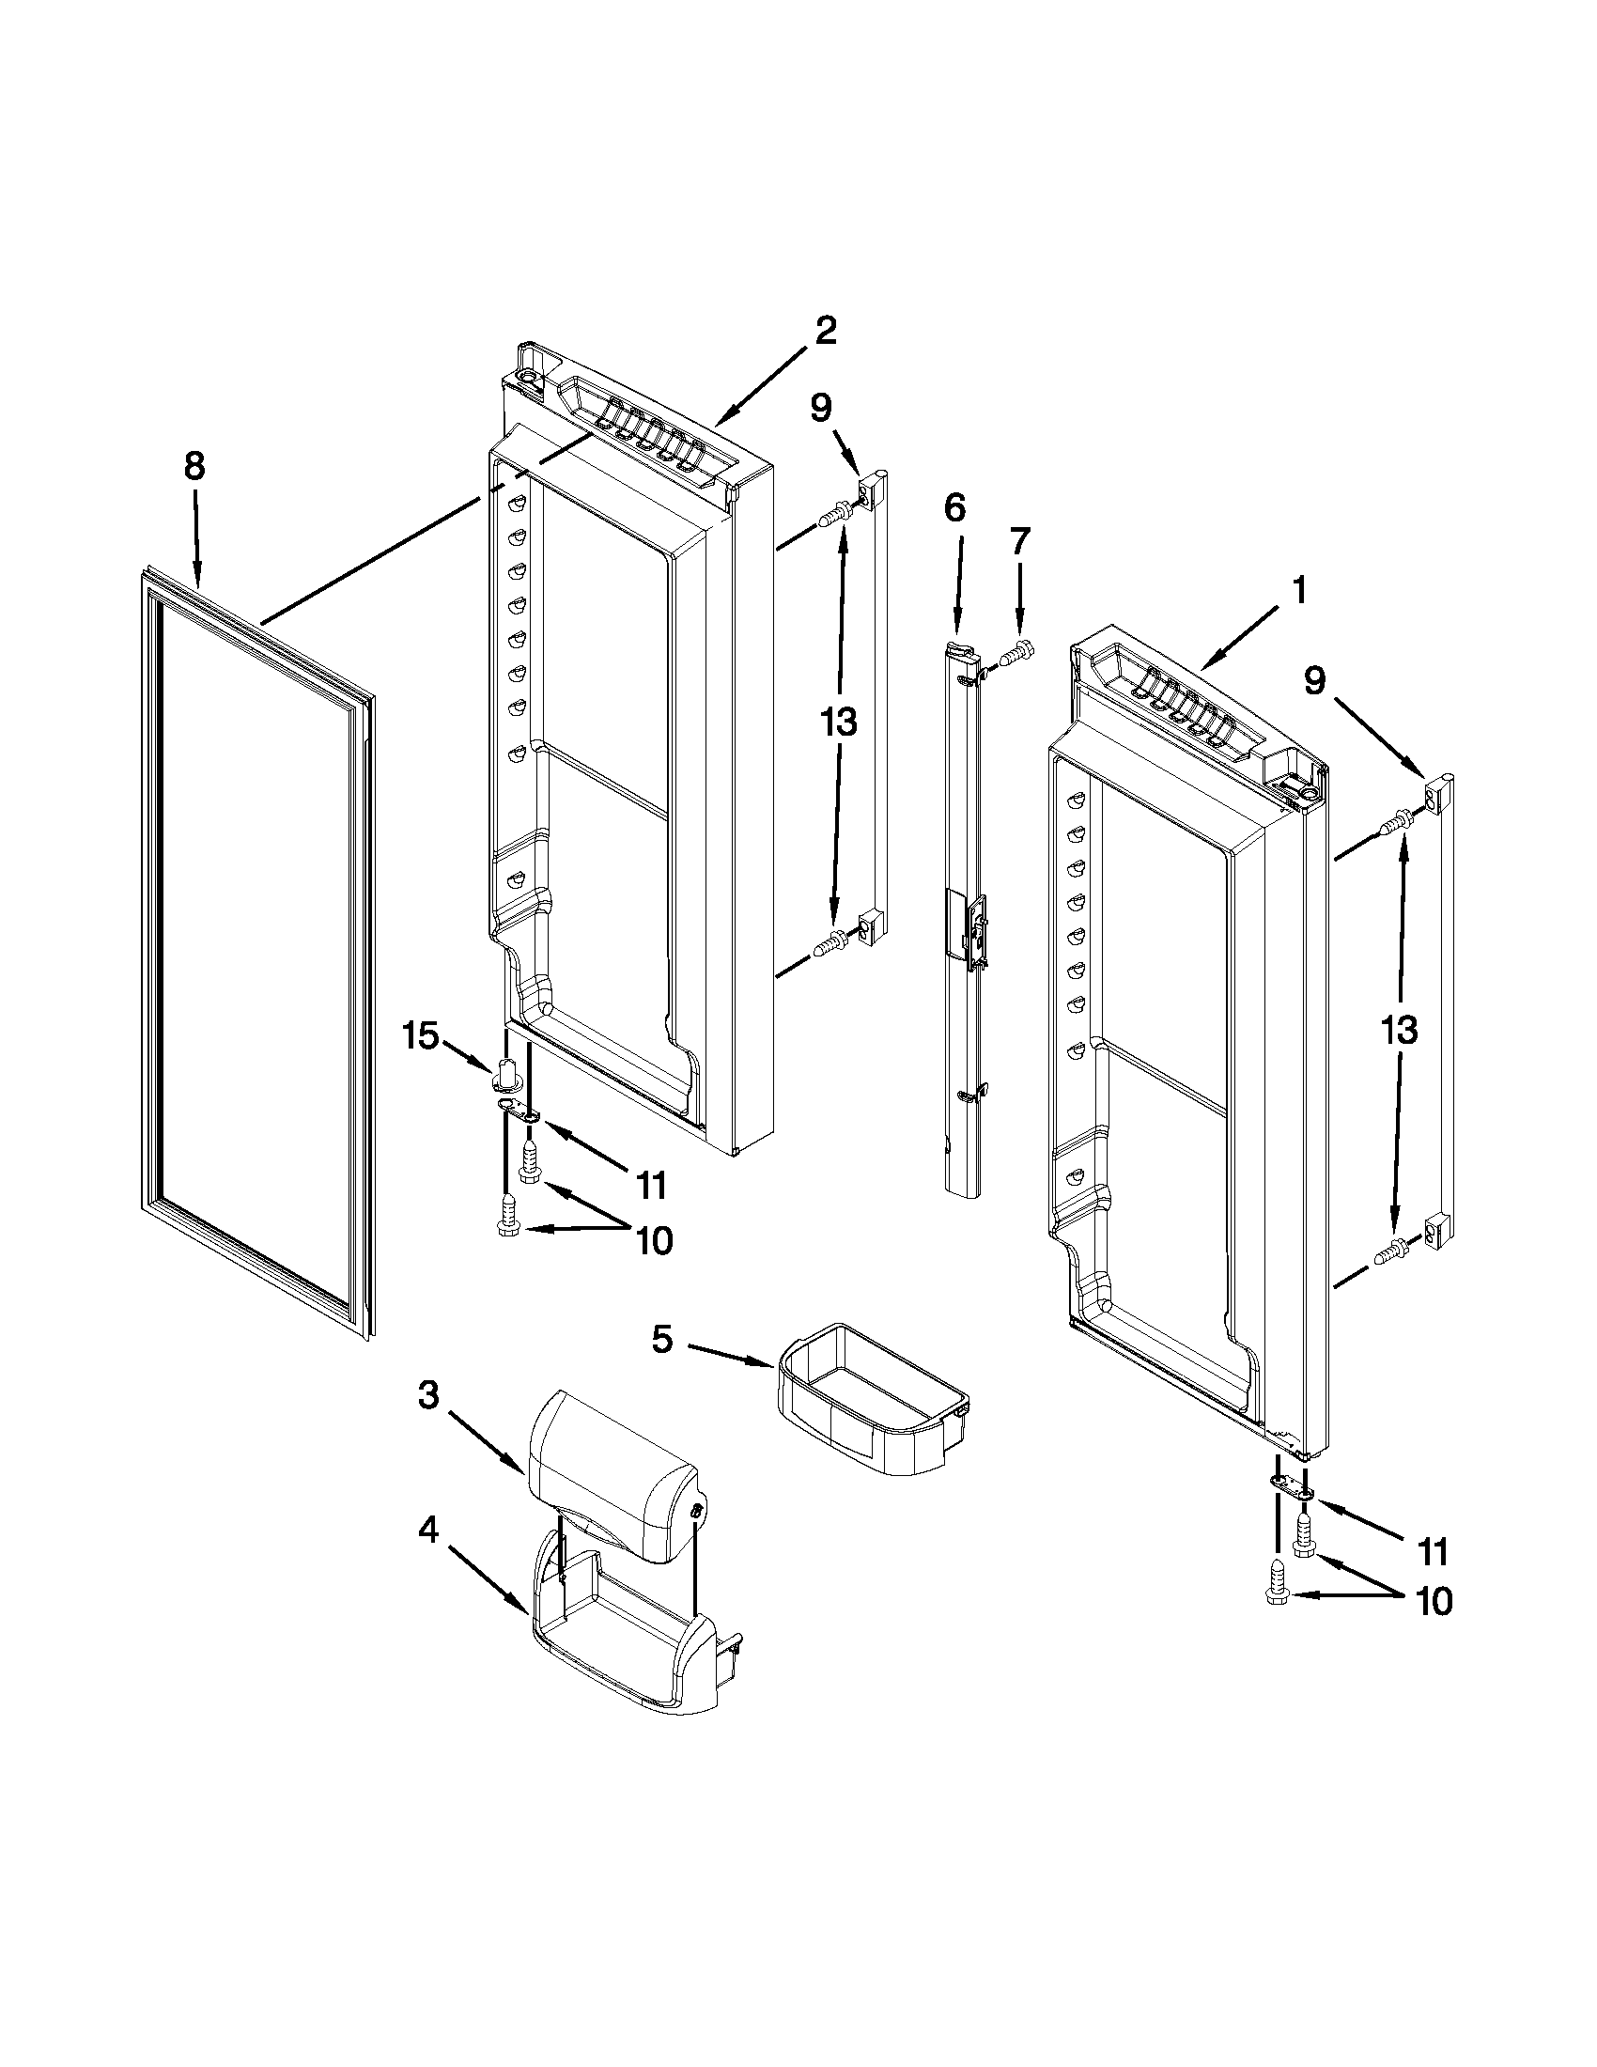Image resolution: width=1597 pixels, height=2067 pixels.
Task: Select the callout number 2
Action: (x=825, y=331)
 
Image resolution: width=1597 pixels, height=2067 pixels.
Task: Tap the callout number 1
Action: (x=1300, y=591)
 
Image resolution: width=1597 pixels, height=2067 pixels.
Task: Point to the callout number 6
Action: (x=954, y=508)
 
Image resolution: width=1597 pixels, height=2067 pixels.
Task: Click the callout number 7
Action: (x=1019, y=541)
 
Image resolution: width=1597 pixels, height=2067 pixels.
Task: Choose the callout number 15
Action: (x=420, y=1035)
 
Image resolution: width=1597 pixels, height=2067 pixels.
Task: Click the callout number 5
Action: (x=661, y=1338)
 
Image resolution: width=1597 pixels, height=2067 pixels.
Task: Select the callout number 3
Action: (x=428, y=1395)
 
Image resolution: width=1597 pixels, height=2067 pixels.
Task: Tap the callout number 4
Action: (x=428, y=1531)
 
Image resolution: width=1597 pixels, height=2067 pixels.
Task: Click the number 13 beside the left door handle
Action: (x=838, y=723)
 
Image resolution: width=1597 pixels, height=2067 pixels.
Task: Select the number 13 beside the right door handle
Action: (x=1399, y=1030)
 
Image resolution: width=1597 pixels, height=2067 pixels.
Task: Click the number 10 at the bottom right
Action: (x=1434, y=1601)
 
